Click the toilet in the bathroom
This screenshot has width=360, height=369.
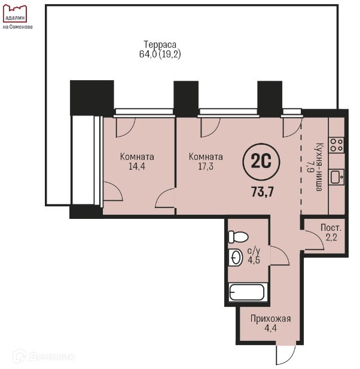coord(238,237)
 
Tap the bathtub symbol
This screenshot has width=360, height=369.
coord(247,292)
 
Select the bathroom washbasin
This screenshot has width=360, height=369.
coord(236,257)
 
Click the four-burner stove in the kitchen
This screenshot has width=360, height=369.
coord(336,145)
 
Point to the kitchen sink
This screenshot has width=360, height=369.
coord(337,177)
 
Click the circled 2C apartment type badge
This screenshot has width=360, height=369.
coord(261,162)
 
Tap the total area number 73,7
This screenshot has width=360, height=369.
coord(263,192)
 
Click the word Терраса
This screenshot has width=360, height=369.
coord(160,44)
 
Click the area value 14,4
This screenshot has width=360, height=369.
coord(137,167)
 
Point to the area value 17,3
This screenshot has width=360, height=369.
coord(206,167)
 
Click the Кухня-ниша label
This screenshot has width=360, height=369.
coord(319,167)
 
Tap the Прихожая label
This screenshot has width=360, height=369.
coord(270,319)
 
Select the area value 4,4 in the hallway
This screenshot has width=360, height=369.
coord(270,328)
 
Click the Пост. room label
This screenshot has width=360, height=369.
coord(331,228)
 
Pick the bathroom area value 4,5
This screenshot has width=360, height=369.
coord(254,260)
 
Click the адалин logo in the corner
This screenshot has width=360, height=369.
coord(14,14)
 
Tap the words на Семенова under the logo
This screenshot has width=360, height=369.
coord(18,27)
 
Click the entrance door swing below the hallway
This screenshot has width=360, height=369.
coord(286,355)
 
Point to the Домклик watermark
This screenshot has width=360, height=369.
coord(44,356)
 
